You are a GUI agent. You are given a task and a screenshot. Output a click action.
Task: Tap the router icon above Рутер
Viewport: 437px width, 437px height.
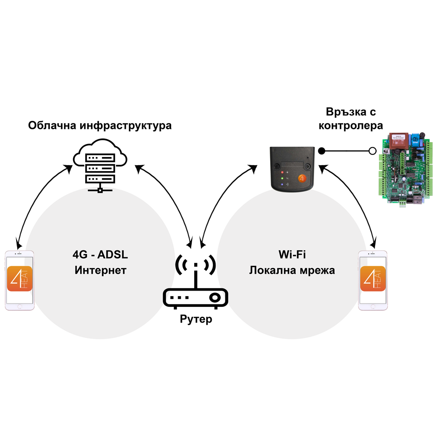coord(195,284)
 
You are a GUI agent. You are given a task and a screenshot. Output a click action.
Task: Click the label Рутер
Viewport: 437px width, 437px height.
coord(196,319)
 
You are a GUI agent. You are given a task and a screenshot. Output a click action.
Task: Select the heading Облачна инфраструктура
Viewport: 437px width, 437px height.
coord(100,126)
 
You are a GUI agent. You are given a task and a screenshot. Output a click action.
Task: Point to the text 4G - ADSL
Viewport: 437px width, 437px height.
coord(100,255)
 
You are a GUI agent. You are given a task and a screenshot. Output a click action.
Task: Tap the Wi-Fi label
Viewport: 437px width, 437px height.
coord(292,255)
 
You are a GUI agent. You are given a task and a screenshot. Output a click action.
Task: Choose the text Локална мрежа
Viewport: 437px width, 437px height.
coord(292,271)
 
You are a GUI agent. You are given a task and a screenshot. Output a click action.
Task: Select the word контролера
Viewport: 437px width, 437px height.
coord(351,126)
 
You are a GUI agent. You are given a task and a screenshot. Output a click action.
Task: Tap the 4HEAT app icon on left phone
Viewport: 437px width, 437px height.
coord(20,279)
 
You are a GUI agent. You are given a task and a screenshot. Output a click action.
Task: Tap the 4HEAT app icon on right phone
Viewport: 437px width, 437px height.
coord(373,279)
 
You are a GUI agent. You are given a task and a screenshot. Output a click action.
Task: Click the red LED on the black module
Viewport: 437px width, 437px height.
coord(282,172)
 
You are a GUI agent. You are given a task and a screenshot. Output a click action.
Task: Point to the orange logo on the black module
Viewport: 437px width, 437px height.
coord(301,179)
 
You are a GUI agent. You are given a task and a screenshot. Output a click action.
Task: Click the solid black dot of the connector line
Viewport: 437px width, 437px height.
coord(322,151)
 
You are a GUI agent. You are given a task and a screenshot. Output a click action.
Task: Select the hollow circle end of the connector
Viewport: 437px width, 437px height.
coord(372,151)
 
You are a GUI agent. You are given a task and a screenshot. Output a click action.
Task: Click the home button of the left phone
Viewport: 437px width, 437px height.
coord(20,306)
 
